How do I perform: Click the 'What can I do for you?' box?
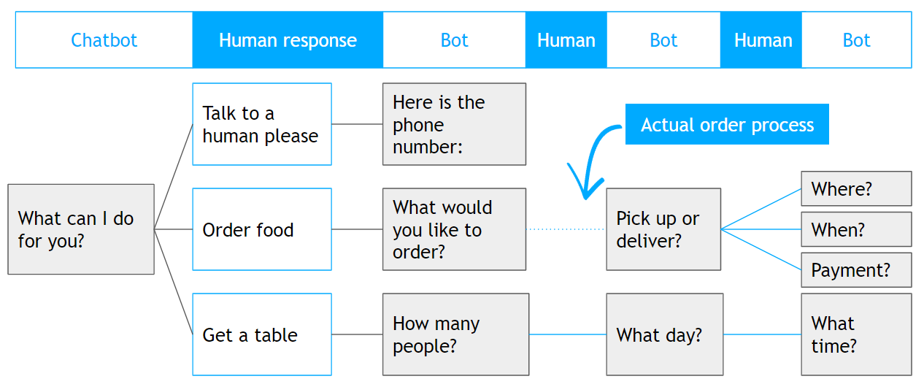click(81, 229)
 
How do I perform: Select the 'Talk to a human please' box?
click(262, 124)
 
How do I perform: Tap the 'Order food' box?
click(262, 229)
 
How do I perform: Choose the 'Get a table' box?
click(262, 334)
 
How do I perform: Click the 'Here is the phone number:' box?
click(454, 124)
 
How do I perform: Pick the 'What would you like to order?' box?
click(454, 229)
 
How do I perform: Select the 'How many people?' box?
click(455, 334)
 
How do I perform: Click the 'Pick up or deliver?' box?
click(663, 229)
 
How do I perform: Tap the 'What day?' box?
click(664, 334)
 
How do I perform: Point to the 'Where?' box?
click(856, 188)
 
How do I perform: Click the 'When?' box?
click(856, 229)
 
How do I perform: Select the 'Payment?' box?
click(856, 269)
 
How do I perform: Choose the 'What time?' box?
click(856, 334)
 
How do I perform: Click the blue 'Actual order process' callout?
click(727, 124)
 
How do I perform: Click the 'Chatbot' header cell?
click(104, 40)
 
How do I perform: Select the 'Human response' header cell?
click(288, 40)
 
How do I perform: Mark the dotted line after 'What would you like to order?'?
click(566, 229)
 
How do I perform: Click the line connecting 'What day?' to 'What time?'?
click(762, 334)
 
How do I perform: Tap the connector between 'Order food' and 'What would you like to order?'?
click(357, 229)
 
